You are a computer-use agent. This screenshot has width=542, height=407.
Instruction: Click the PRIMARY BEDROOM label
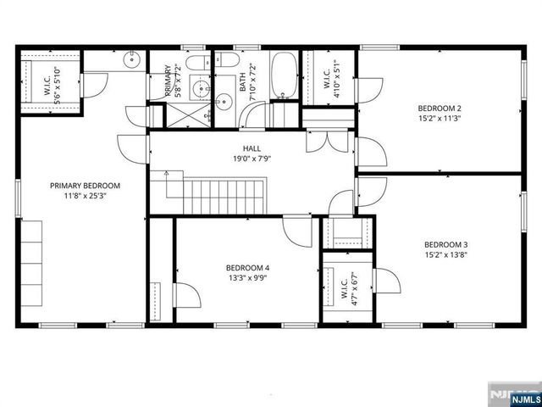tap(85, 186)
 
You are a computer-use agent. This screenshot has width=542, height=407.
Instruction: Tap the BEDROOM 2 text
tap(440, 109)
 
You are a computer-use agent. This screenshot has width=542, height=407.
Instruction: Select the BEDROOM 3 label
tap(446, 243)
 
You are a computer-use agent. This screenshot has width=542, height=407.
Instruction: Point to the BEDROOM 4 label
tap(247, 267)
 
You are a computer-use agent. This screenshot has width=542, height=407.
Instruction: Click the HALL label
tap(252, 148)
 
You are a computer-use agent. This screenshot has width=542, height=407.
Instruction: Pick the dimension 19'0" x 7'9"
tap(252, 159)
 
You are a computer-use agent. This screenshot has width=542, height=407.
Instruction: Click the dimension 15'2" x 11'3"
tap(440, 119)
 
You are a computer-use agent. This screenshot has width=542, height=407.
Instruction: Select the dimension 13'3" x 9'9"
tap(247, 277)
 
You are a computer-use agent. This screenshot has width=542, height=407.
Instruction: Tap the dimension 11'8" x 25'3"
tap(85, 196)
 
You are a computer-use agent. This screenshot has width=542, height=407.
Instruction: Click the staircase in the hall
tap(224, 196)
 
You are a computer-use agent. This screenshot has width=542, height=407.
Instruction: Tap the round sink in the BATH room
tap(224, 103)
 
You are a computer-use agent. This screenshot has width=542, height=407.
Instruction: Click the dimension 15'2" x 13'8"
tap(446, 254)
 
